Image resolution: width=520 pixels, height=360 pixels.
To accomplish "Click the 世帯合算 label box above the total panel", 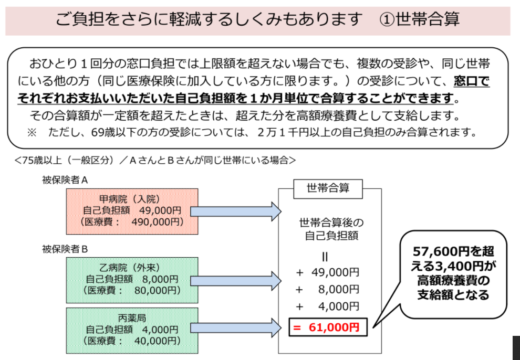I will point(328,188).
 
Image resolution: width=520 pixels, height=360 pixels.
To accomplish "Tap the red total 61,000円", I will point(327,327).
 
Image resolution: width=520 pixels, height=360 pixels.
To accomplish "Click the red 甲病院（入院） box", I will point(132,210).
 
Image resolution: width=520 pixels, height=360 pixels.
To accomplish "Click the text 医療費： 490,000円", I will point(132,222).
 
